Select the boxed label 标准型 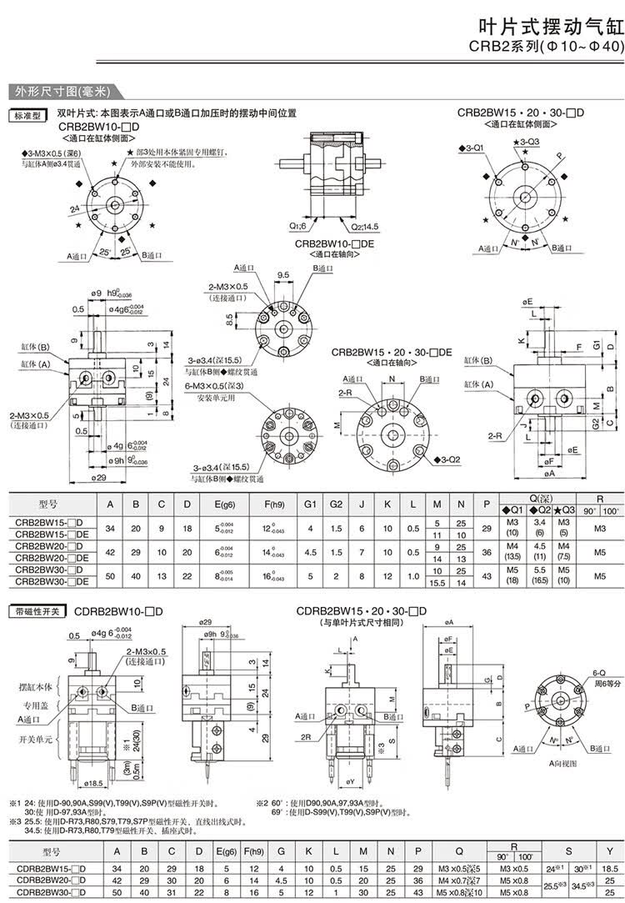tap(26, 115)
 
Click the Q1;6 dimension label tap(298, 226)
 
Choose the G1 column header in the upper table tap(311, 505)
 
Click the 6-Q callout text tap(597, 671)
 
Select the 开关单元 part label tap(36, 740)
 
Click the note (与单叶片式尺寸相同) tap(361, 623)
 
